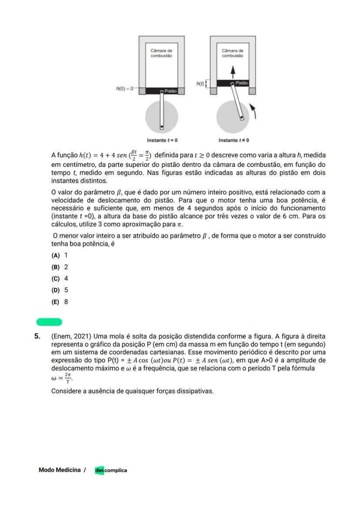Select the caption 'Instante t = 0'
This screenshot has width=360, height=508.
pos(162,140)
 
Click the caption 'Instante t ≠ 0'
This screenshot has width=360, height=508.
pos(233,140)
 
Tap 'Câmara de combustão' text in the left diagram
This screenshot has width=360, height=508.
pos(161,53)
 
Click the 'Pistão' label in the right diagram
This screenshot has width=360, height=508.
pos(242,83)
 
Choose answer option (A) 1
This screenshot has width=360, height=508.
pos(60,256)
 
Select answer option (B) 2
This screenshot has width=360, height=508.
pos(60,267)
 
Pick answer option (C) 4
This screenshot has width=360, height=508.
pos(60,279)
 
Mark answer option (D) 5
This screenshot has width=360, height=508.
pos(60,290)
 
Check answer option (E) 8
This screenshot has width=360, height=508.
pos(60,302)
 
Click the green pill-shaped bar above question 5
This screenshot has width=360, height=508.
pos(49,322)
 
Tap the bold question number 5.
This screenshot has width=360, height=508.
pos(38,336)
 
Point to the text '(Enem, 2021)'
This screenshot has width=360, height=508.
pos(70,336)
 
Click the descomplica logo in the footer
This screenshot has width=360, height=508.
pos(111,470)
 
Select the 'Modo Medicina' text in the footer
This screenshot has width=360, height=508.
pos(60,470)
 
